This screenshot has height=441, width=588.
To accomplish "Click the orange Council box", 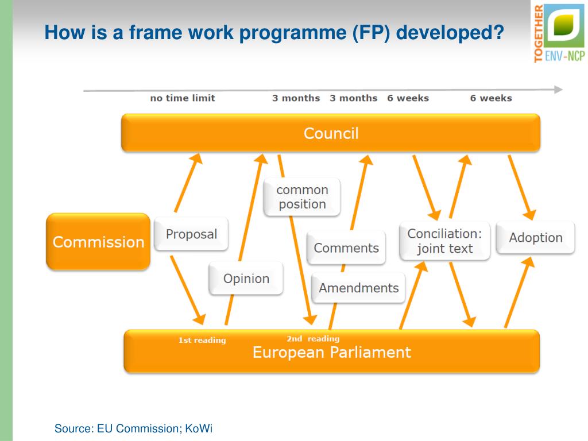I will [331, 133].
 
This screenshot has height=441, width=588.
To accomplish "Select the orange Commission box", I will [98, 242].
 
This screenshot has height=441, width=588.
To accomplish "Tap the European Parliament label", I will [332, 352].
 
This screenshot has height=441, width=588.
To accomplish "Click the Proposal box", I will [191, 234].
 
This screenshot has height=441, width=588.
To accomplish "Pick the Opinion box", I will [246, 278].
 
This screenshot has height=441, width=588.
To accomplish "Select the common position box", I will [302, 197].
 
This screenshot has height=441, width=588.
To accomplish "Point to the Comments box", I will [346, 248].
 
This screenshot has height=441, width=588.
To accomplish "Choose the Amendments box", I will [358, 288].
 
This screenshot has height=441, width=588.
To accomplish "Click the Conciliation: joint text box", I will [444, 241].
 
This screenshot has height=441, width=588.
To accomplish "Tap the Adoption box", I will [535, 238].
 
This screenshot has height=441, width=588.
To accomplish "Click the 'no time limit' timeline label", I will [183, 98].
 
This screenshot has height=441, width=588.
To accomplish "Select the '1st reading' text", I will [202, 340].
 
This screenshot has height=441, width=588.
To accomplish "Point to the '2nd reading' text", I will [313, 338].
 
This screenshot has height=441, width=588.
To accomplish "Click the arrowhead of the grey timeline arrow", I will [558, 90].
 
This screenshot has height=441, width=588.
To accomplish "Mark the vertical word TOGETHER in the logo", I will [538, 32].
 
